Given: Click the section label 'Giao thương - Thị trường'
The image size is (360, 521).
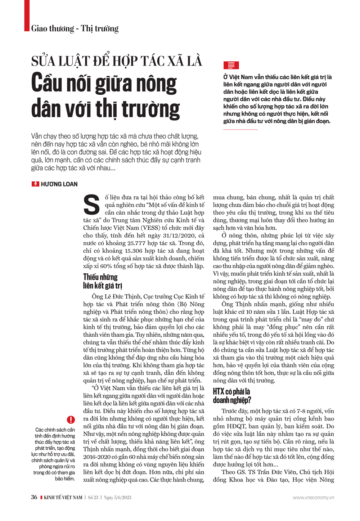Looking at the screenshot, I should [75, 28].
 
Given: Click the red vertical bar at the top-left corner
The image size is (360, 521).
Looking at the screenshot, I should [27, 15].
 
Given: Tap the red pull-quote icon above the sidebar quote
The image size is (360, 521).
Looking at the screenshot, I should [231, 65].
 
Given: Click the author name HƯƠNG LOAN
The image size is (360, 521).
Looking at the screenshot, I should [59, 184].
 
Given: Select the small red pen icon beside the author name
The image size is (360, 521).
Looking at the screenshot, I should [35, 184].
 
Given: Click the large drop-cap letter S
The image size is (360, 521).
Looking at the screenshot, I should [91, 205].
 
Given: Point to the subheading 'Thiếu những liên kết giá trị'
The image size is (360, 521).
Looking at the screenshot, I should [100, 281].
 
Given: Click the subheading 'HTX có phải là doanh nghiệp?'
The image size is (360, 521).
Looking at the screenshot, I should [232, 396].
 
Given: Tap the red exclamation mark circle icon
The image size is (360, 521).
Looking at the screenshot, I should [71, 419].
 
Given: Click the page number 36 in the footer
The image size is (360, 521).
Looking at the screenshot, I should [34, 497].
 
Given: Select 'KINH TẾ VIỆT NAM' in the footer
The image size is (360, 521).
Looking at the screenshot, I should [63, 498].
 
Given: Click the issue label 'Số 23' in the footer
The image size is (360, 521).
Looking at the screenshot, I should [93, 498].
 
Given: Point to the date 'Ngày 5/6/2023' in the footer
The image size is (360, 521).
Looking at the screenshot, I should [118, 498].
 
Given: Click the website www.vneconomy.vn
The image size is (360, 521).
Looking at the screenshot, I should [313, 498].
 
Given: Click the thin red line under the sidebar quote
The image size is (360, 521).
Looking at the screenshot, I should [240, 129].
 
